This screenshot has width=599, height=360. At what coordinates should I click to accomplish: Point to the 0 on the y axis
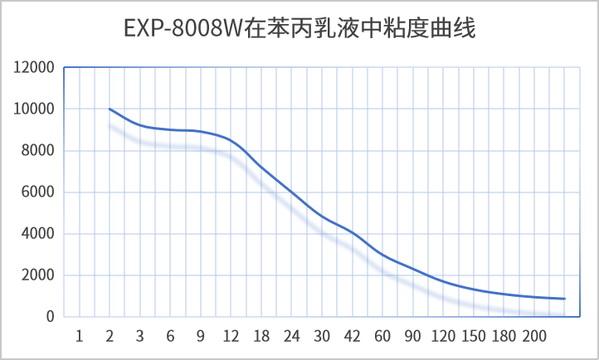(51, 317)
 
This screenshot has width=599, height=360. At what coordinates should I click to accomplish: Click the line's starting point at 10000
(110, 109)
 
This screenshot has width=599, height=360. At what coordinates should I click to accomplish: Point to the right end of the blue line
(564, 299)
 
